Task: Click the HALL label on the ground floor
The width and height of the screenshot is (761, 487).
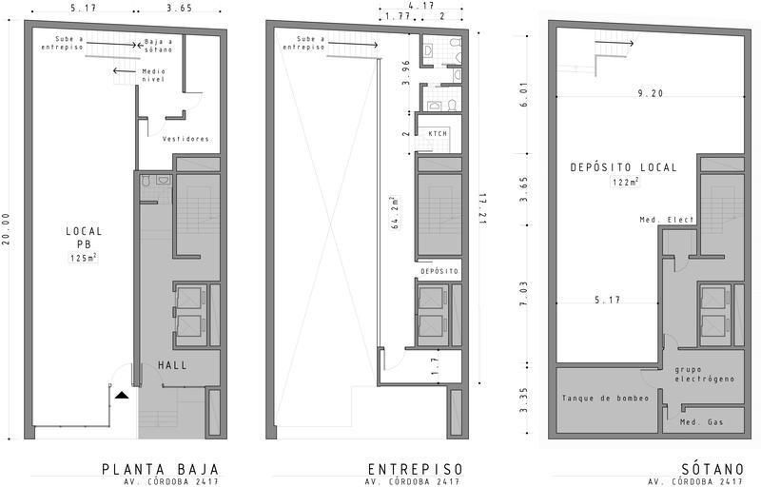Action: (x=172, y=365)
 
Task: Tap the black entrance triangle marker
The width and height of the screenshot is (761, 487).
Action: (x=122, y=396)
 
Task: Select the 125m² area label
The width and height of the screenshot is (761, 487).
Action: (x=84, y=258)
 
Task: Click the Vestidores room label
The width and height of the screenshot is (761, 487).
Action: (x=186, y=139)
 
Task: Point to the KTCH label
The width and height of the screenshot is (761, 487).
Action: (x=438, y=133)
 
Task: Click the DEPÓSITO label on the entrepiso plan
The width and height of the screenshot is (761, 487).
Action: (x=439, y=271)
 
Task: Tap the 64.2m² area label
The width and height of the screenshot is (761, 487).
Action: (x=395, y=212)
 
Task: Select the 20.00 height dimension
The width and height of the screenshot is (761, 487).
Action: (x=7, y=230)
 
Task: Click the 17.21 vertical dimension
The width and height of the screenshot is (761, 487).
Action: (x=482, y=208)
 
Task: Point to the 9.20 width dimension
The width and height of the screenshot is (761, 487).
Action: (x=650, y=93)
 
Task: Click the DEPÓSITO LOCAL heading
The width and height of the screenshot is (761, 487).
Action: (x=624, y=167)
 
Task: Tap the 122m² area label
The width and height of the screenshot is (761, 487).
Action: (x=625, y=183)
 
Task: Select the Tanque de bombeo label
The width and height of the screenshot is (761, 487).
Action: (x=605, y=399)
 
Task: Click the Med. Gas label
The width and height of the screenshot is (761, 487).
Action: (x=701, y=422)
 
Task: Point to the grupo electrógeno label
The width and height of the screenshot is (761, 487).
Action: (x=705, y=374)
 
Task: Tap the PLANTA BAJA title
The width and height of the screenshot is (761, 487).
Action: (x=160, y=470)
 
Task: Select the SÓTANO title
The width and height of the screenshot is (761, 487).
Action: (x=712, y=470)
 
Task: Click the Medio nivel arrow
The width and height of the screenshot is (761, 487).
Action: (x=125, y=70)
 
